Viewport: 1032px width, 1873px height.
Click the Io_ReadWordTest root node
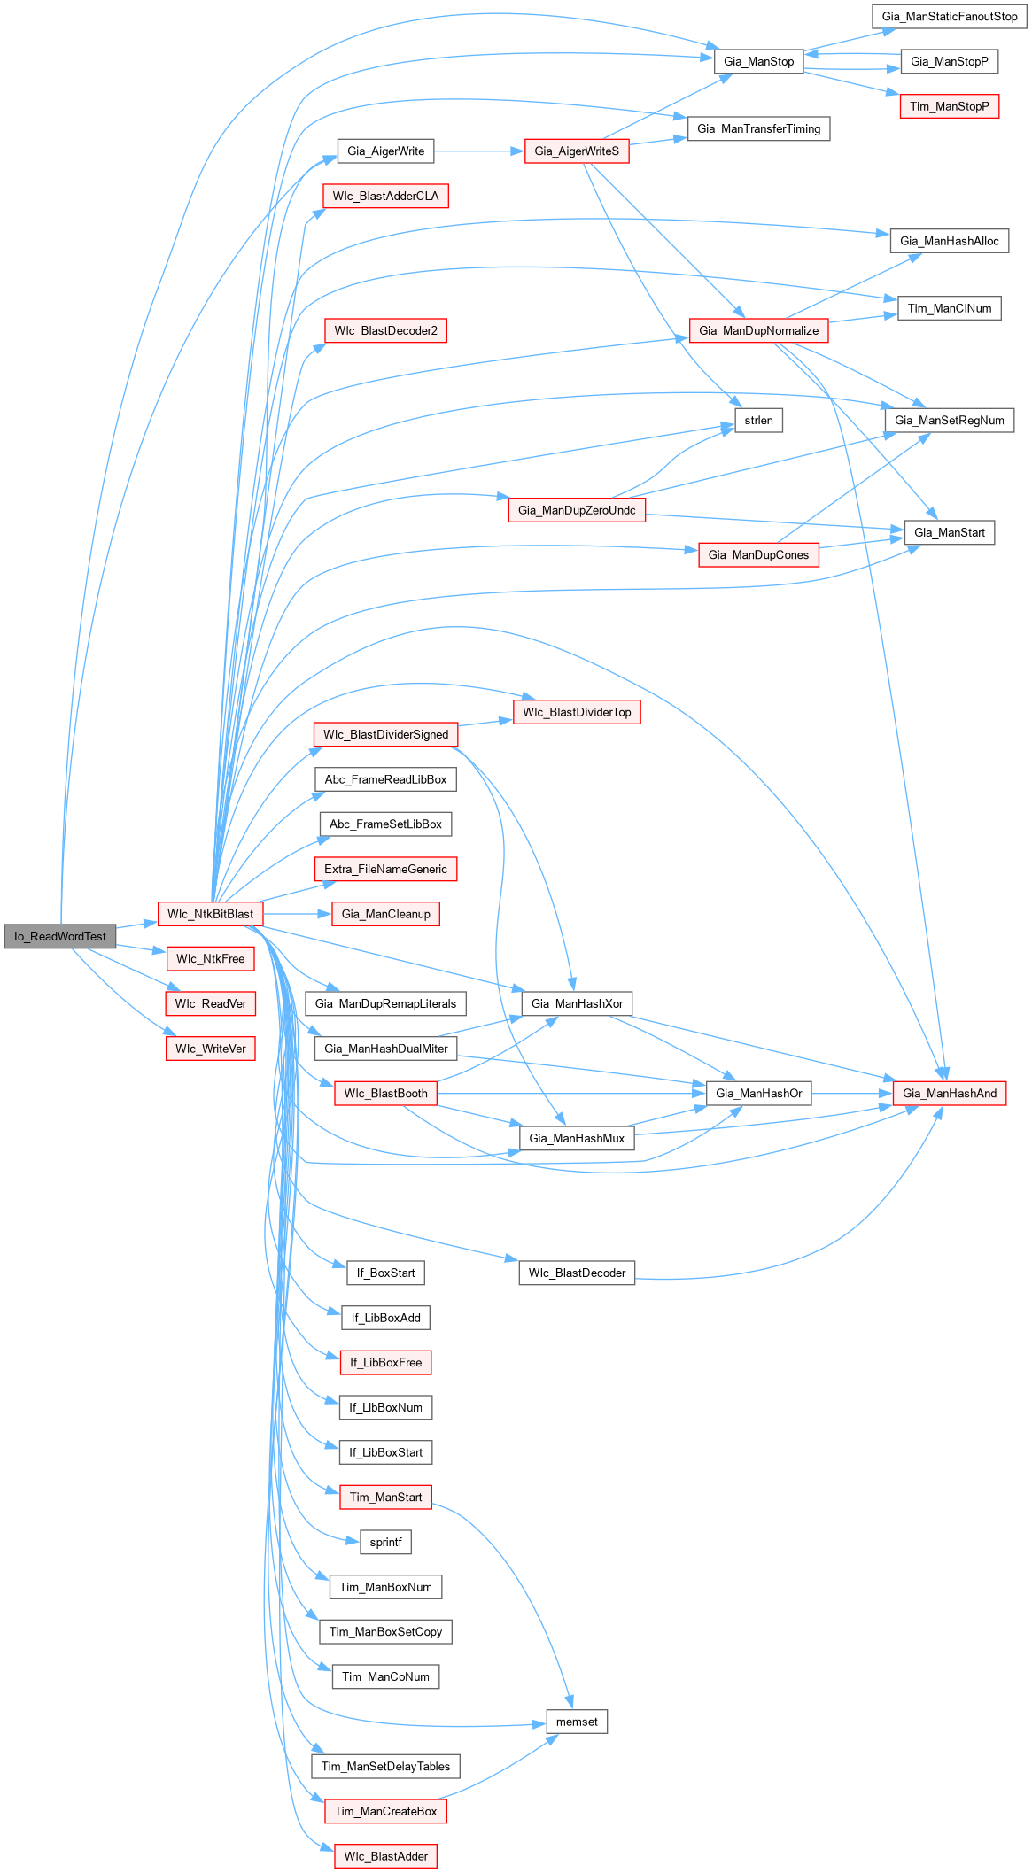point(60,936)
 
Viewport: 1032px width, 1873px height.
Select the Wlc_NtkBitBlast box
point(210,914)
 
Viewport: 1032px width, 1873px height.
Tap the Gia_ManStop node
point(758,61)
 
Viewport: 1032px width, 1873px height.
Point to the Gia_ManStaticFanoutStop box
point(950,17)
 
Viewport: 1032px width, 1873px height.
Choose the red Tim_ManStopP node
point(950,106)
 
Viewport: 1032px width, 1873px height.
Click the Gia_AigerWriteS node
point(577,151)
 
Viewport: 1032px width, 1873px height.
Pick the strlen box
point(758,420)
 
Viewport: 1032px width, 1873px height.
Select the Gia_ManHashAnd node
point(950,1094)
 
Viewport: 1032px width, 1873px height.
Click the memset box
point(577,1722)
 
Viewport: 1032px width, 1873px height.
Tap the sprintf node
point(385,1542)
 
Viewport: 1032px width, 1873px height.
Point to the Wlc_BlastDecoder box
point(577,1273)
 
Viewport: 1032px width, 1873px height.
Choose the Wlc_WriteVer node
point(210,1049)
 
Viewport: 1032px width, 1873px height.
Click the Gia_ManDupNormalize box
point(758,330)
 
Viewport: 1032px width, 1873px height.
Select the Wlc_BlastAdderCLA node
point(385,196)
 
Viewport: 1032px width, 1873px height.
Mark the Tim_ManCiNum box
point(950,308)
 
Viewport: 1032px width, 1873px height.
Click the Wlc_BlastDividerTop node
point(577,712)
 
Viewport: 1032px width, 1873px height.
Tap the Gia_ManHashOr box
point(758,1094)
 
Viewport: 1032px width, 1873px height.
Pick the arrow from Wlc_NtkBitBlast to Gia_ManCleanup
point(297,914)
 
